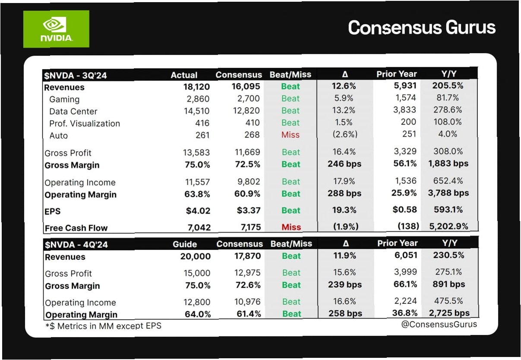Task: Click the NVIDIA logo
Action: tap(56, 29)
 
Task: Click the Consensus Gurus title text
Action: tap(422, 28)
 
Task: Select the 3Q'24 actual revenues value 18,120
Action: tap(196, 87)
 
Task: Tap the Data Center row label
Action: tap(73, 111)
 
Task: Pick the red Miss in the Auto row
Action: tap(290, 135)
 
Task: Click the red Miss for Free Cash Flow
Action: tap(291, 227)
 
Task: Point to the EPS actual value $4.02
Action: tap(198, 211)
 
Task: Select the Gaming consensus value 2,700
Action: tap(248, 98)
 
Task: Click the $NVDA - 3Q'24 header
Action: tap(76, 76)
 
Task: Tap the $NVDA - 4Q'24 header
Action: tap(76, 245)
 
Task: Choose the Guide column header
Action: tap(185, 244)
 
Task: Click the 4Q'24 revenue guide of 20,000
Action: tap(196, 256)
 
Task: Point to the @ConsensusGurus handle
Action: tap(439, 324)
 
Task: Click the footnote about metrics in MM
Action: tap(103, 326)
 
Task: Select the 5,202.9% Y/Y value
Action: tap(448, 226)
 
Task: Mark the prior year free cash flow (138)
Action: tap(408, 226)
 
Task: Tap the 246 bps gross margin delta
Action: tap(344, 164)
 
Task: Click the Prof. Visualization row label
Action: tap(85, 123)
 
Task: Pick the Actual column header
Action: tap(184, 75)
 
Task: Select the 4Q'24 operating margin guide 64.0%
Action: tap(198, 314)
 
